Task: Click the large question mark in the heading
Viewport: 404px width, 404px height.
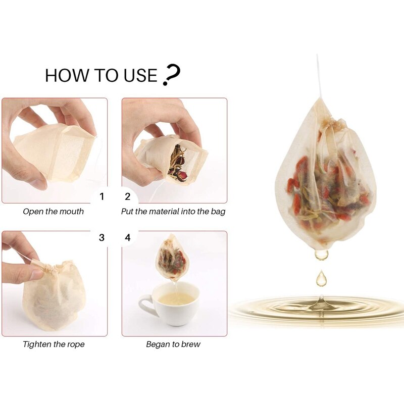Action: (x=172, y=75)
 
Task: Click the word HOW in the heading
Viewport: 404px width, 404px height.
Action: (x=64, y=76)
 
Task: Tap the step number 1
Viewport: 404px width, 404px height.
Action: (x=102, y=196)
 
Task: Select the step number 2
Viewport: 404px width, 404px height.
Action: (x=127, y=196)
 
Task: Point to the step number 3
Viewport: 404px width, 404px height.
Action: (x=102, y=237)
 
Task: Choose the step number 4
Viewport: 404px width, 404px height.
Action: (x=127, y=237)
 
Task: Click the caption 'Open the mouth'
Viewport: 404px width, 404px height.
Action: (x=54, y=212)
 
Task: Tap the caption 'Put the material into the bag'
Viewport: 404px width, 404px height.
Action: (x=173, y=212)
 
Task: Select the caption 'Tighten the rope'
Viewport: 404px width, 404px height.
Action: (x=54, y=344)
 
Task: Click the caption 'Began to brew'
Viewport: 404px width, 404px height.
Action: (x=173, y=344)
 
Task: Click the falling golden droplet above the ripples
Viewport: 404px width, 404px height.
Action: (x=321, y=278)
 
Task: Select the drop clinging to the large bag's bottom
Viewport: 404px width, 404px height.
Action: (x=321, y=254)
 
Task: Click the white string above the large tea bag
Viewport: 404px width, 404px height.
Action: (x=319, y=76)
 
